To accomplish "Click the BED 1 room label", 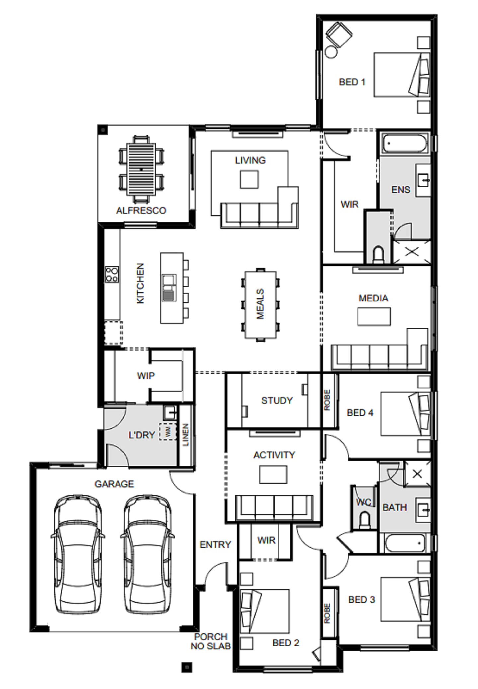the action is point(352,82).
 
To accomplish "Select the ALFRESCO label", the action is point(141,210).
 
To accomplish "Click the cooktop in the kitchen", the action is point(112,274).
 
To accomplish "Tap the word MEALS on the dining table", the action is point(260,304).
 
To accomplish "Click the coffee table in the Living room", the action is point(249,180).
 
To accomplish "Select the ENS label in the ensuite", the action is point(401,190).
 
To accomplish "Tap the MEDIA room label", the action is point(373,298).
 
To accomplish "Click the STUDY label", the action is point(277,401).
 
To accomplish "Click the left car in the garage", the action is point(78,555).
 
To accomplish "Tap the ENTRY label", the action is point(215,545).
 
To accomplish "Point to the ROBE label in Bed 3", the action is point(327,613).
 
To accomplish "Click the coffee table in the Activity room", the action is point(273,474).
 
